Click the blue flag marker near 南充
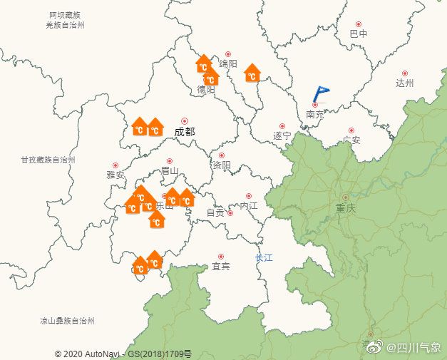pyautogui.click(x=321, y=93)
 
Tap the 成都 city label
pyautogui.click(x=184, y=132)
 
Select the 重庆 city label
pyautogui.click(x=345, y=209)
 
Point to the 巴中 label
pyautogui.click(x=359, y=34)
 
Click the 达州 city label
pyautogui.click(x=405, y=83)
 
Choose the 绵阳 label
pyautogui.click(x=228, y=64)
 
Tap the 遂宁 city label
pyautogui.click(x=282, y=135)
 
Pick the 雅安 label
pyautogui.click(x=115, y=175)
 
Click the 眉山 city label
pyautogui.click(x=170, y=171)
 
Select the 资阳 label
pyautogui.click(x=222, y=165)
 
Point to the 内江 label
pyautogui.click(x=248, y=205)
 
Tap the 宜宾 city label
pyautogui.click(x=221, y=267)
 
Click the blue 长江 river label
pyautogui.click(x=264, y=257)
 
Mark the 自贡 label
pyautogui.click(x=215, y=212)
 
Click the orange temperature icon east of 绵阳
pyautogui.click(x=252, y=73)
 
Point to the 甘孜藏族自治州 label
pyautogui.click(x=48, y=159)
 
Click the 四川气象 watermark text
pyautogui.click(x=413, y=347)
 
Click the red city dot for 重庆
pyautogui.click(x=346, y=197)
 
